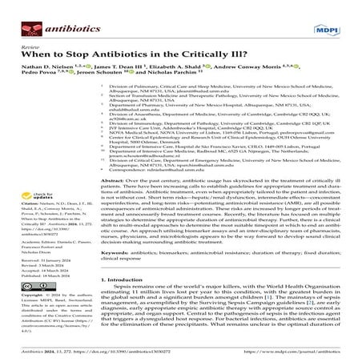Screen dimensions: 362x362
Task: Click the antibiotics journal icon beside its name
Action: coord(18,12)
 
